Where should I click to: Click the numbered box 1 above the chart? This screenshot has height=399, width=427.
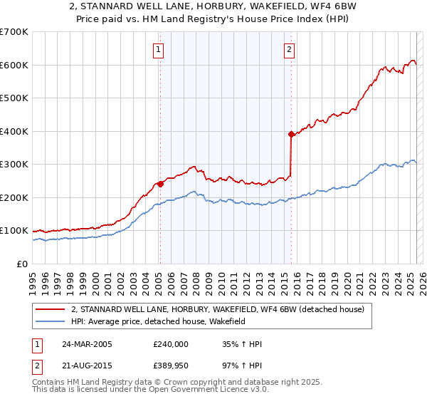point(157,50)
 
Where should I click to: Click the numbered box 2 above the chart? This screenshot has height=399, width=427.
point(290,50)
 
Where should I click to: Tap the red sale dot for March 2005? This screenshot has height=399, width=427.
point(160,184)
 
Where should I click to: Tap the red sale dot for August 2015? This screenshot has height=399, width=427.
point(291,134)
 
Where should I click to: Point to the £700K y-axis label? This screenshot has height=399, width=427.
point(14,32)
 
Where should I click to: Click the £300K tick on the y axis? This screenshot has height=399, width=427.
point(14,165)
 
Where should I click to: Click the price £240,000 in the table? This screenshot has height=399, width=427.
point(171,344)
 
